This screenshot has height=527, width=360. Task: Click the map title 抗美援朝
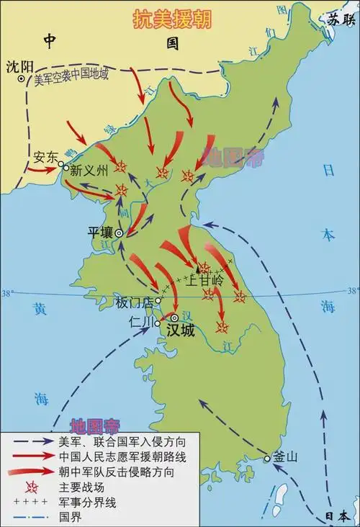171,19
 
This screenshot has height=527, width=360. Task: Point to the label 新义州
89,171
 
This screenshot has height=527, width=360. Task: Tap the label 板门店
135,302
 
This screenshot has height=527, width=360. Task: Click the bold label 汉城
181,330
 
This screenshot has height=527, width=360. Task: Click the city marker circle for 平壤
120,233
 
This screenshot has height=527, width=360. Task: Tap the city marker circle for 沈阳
22,80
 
